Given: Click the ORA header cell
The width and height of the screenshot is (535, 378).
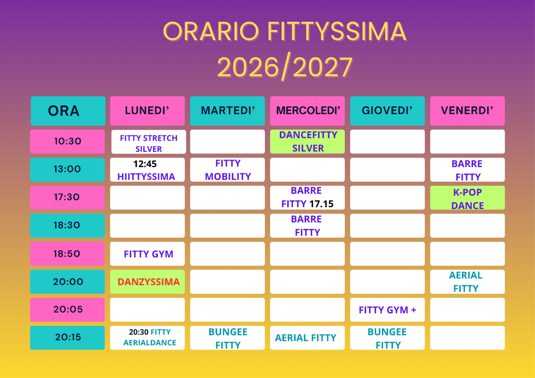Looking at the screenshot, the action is [68, 111].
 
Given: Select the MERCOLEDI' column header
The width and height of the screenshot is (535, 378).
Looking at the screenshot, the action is [307, 111].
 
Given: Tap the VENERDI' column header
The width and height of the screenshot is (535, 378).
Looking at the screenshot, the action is [467, 111].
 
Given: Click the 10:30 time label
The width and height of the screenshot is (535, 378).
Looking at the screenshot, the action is [68, 141].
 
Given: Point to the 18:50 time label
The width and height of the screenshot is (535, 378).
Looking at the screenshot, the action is [68, 254].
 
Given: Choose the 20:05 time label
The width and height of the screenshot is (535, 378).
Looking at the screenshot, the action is [68, 310].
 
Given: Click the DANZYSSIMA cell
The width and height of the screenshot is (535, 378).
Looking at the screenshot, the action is [147, 281].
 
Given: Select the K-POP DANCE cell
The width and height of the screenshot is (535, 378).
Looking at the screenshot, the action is [467, 198].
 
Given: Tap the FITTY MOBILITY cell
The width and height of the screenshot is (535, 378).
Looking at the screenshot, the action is [227, 170].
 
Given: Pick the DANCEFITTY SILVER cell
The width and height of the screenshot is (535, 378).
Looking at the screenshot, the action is [307, 141].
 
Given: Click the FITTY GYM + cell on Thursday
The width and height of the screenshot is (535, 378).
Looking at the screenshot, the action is [388, 310].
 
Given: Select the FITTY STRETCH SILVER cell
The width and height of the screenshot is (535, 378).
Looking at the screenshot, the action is [149, 142].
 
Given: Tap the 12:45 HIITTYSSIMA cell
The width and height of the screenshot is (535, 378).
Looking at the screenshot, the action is [147, 170].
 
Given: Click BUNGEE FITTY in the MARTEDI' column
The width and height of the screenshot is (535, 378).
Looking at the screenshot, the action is [227, 338].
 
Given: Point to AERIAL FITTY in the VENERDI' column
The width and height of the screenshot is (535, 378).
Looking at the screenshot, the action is [467, 281].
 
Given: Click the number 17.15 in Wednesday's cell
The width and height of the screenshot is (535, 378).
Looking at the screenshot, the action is [321, 204].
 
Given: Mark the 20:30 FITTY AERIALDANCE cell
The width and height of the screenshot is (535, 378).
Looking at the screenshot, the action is [147, 338].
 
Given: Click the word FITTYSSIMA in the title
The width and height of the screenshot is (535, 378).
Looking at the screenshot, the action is [337, 32].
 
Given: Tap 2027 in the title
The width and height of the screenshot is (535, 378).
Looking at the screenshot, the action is [322, 68].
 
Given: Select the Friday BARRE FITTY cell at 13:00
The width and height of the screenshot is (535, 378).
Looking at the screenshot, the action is [467, 170].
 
